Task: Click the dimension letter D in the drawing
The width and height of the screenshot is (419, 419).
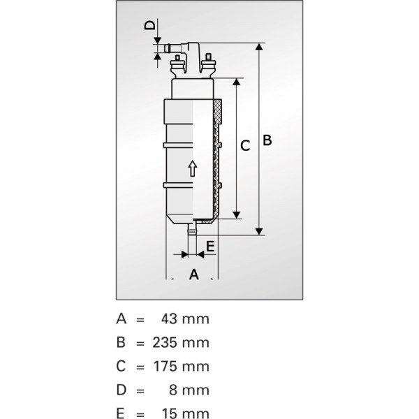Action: tap(149, 25)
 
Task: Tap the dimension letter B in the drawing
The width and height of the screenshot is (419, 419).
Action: tap(267, 140)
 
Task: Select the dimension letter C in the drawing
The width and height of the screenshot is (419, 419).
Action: tap(245, 146)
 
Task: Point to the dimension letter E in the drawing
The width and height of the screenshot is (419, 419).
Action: tap(211, 246)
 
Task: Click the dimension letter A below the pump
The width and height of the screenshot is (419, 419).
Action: tap(194, 274)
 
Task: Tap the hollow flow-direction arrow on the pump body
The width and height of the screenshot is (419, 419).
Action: tap(193, 168)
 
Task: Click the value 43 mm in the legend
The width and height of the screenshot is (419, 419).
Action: tap(185, 319)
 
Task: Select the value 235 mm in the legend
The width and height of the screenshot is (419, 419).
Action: tap(181, 343)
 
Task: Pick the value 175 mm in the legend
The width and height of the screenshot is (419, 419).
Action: tap(181, 366)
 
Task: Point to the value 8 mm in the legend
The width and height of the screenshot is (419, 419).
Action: tap(189, 390)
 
